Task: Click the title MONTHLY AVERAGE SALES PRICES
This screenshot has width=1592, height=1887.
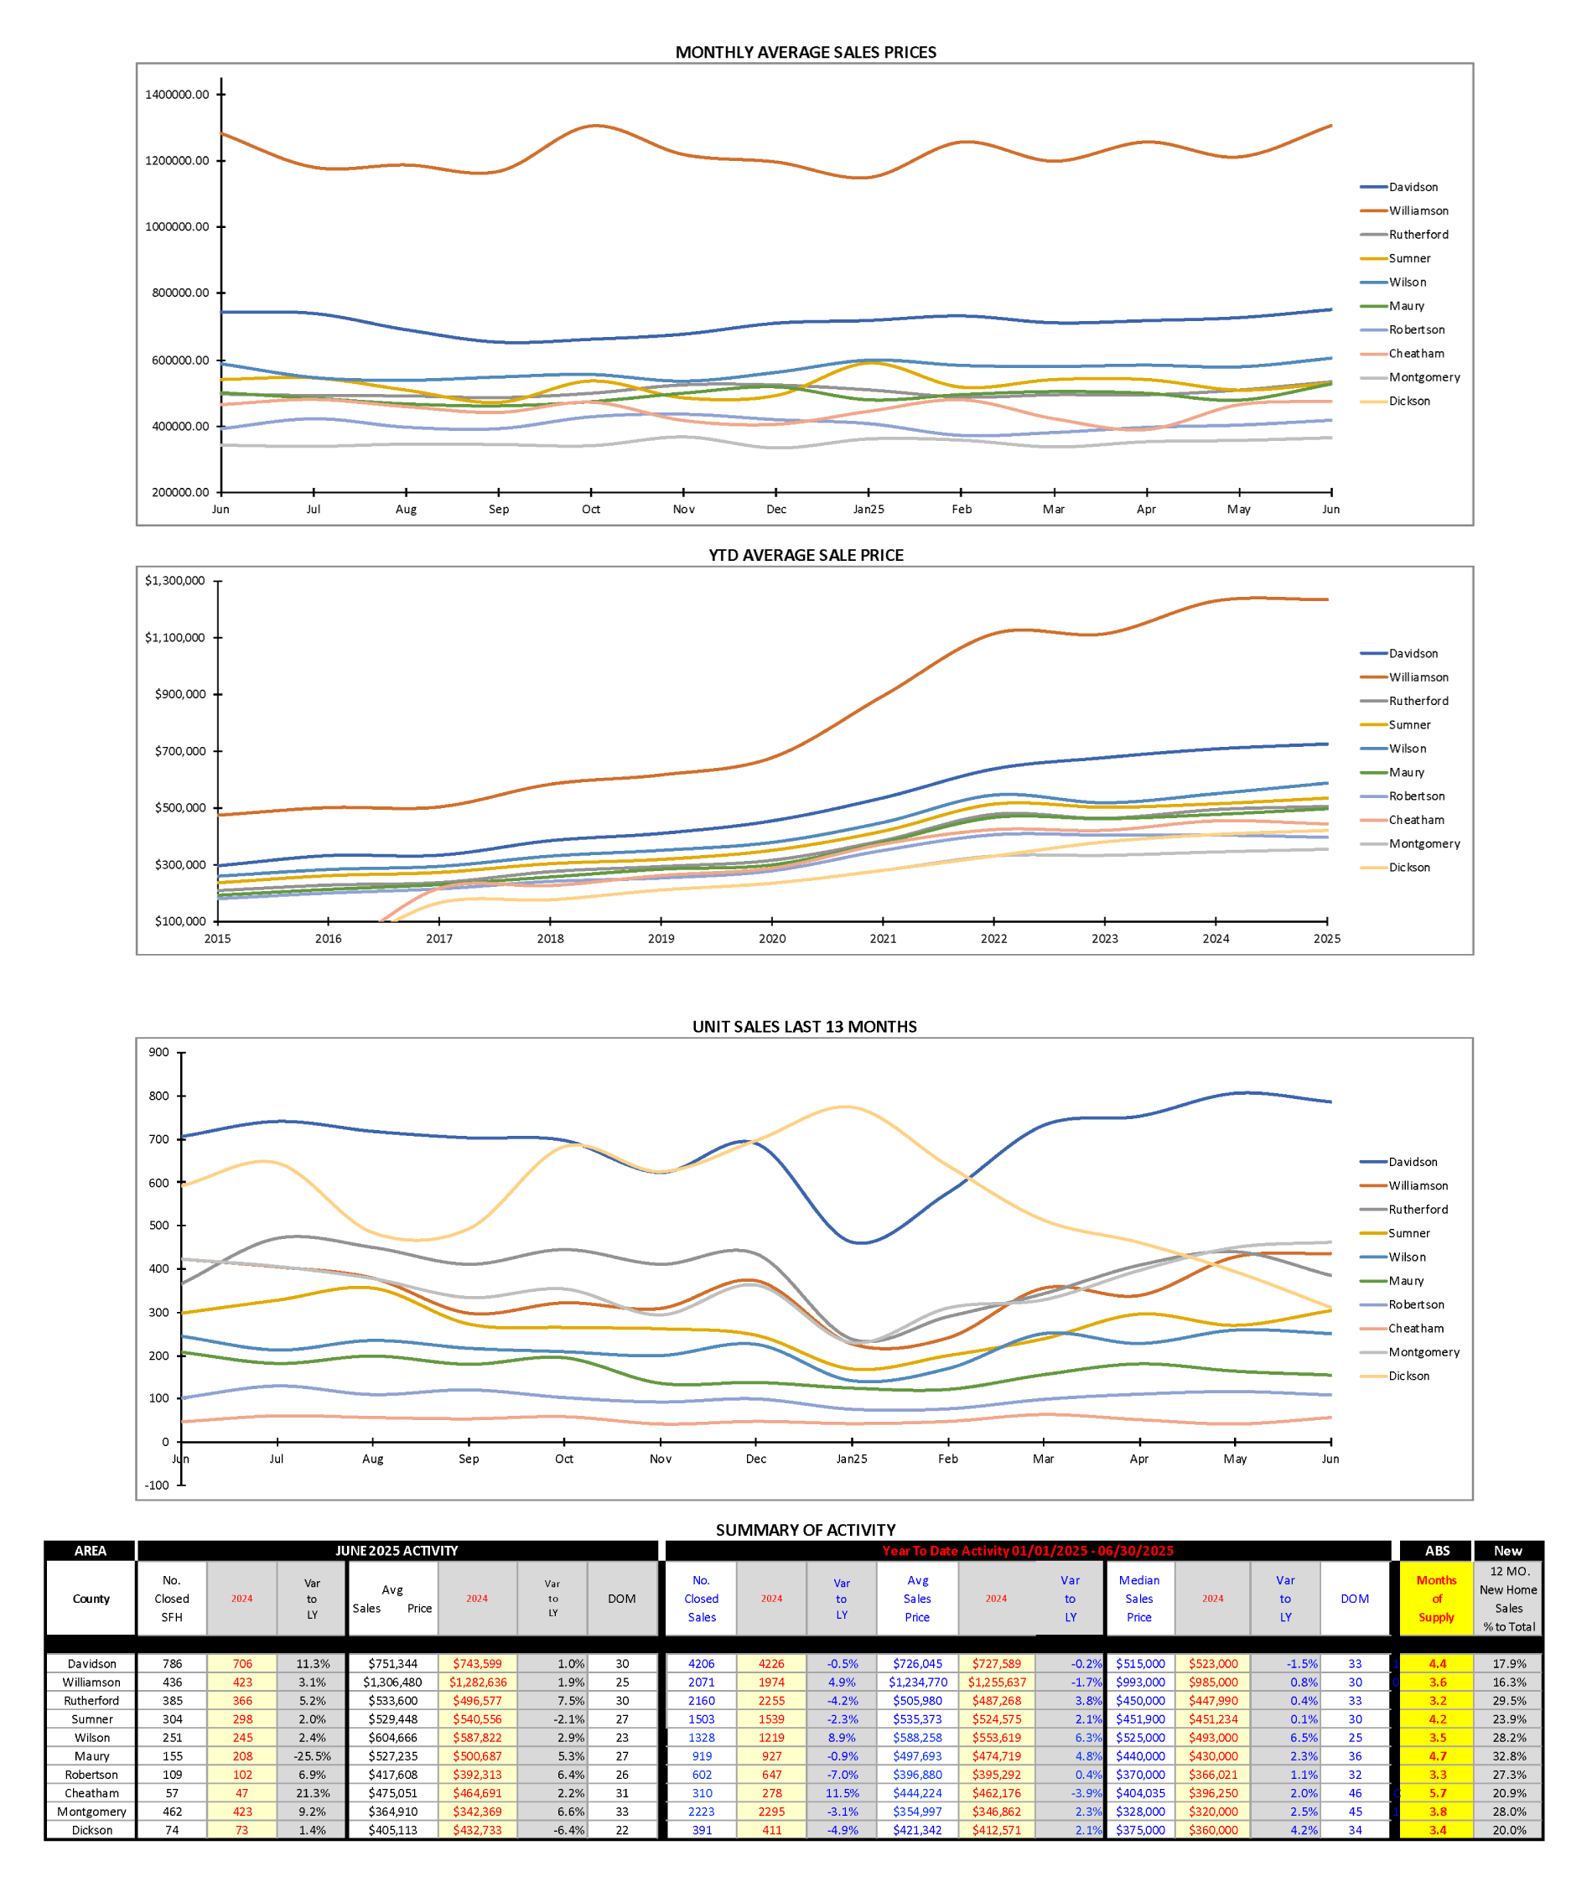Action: (805, 52)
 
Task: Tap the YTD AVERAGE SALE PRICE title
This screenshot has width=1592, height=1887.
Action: (805, 555)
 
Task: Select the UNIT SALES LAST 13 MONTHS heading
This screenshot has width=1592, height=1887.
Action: (804, 1026)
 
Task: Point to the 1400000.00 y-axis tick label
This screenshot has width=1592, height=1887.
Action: (177, 95)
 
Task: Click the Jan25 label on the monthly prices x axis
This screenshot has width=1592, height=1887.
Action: (869, 509)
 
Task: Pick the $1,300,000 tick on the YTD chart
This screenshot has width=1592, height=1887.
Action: (175, 580)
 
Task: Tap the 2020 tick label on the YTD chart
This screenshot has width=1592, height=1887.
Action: (771, 939)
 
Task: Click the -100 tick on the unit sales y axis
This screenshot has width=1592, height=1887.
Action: (158, 1485)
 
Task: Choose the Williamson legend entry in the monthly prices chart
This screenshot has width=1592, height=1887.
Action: (1418, 210)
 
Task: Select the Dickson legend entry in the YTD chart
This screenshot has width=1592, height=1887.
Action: (1408, 868)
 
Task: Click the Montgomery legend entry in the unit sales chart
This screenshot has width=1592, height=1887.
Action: (1423, 1352)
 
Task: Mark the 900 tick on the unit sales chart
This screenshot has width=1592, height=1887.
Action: (158, 1052)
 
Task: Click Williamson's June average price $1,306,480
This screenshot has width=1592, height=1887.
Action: (390, 1682)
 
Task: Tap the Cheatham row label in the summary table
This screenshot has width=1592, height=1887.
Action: (91, 1793)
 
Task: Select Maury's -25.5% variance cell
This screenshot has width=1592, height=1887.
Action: (311, 1756)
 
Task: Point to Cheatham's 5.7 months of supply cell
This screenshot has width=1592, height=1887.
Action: (1437, 1793)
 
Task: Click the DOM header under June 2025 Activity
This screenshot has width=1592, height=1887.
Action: (621, 1599)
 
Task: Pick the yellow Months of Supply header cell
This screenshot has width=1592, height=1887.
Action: (1436, 1599)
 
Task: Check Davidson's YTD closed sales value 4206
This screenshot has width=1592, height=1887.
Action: (701, 1663)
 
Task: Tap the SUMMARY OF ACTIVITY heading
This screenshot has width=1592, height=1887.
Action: (805, 1530)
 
